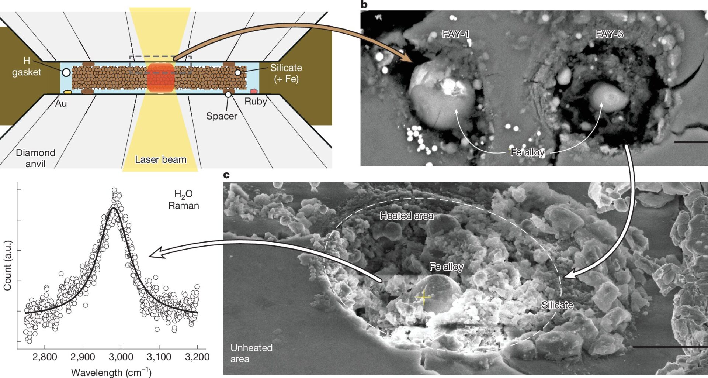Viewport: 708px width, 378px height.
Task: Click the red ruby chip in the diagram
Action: [x=254, y=91]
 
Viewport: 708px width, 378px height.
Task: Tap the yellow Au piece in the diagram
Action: [x=67, y=91]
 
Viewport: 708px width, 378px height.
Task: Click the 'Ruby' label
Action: [x=256, y=102]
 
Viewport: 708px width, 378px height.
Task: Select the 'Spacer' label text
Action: [x=222, y=116]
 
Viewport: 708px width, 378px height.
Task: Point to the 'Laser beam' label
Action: [x=161, y=159]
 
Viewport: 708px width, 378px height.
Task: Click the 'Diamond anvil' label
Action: [x=35, y=158]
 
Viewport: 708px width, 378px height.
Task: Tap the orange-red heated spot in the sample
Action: [x=160, y=78]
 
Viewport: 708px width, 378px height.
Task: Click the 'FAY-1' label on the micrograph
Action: [x=456, y=34]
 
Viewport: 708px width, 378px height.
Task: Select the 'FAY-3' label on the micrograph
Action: [x=609, y=34]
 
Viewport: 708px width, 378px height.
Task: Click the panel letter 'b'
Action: [x=364, y=5]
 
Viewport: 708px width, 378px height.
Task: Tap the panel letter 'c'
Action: [x=226, y=175]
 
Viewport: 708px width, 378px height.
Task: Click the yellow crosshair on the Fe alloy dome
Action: [x=424, y=297]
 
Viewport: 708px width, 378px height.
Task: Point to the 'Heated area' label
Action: [x=407, y=216]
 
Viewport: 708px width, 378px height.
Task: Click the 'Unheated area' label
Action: [x=251, y=353]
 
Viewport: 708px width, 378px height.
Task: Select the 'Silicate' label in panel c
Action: [x=557, y=305]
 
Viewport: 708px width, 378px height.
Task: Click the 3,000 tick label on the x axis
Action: [x=121, y=357]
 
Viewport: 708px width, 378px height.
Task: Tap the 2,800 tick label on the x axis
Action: [x=45, y=357]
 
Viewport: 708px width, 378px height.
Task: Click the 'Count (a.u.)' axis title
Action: [x=7, y=265]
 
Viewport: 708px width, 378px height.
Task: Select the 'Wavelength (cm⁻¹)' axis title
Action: [x=111, y=372]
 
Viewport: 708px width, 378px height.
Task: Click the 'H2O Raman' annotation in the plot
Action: [x=184, y=200]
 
